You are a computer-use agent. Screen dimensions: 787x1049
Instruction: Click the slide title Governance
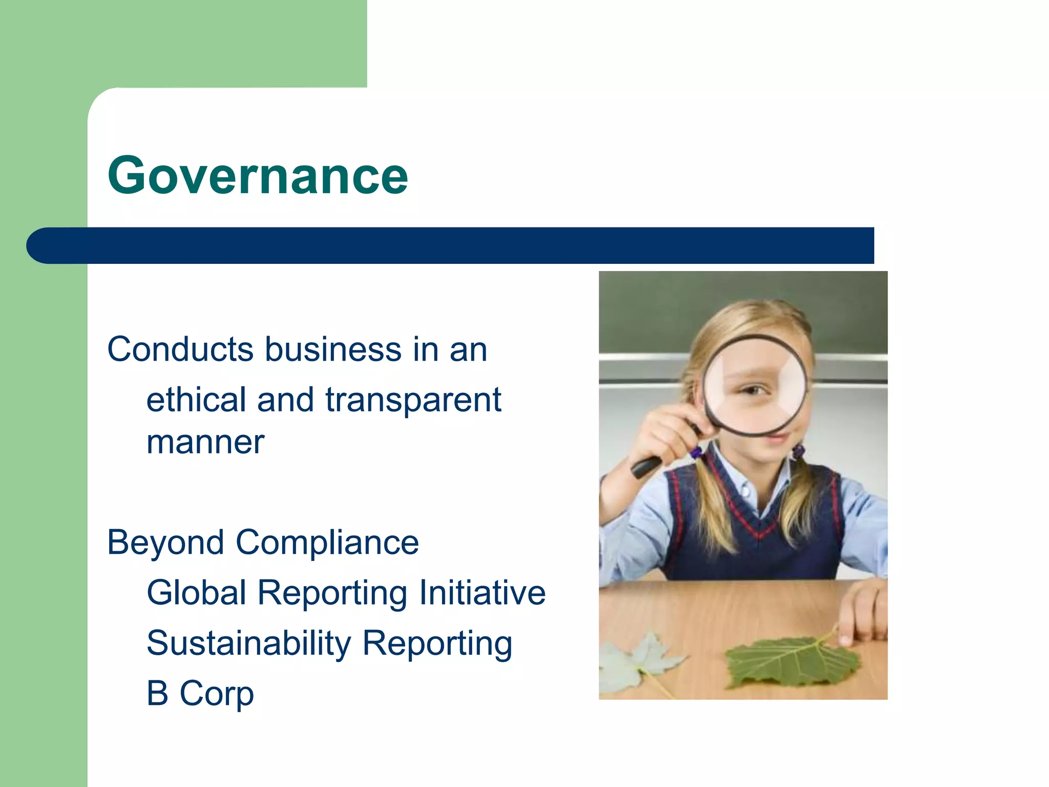(258, 176)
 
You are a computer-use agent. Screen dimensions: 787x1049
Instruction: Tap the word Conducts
(180, 349)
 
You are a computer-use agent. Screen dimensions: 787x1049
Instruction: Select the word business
(333, 349)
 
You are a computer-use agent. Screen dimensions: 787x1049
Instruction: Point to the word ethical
(196, 400)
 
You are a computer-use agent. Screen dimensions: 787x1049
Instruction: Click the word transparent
(413, 401)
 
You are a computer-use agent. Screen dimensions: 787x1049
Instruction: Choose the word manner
(205, 442)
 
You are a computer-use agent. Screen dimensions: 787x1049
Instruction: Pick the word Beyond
(165, 543)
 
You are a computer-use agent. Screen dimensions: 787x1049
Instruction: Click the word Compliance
(327, 543)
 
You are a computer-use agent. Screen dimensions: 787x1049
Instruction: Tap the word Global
(197, 593)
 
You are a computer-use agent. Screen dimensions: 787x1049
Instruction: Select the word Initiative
(482, 593)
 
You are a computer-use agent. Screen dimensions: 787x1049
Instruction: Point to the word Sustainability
(248, 643)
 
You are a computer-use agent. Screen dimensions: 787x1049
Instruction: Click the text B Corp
(200, 693)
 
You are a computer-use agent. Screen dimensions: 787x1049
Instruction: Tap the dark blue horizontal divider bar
(451, 245)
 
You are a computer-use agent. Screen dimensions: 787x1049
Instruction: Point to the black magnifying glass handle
(646, 467)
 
